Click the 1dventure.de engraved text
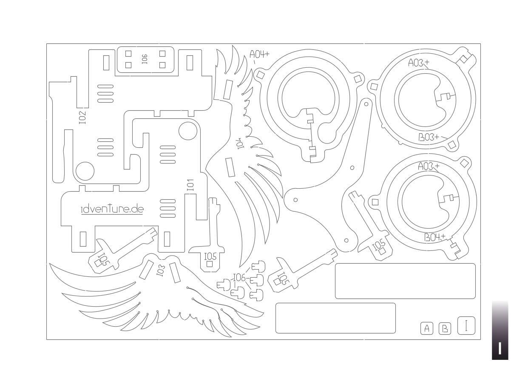pyautogui.click(x=112, y=209)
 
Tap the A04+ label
pyautogui.click(x=259, y=55)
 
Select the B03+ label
pyautogui.click(x=429, y=137)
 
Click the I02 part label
pyautogui.click(x=82, y=118)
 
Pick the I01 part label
pyautogui.click(x=190, y=184)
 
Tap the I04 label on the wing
pyautogui.click(x=241, y=143)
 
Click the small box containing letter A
pyautogui.click(x=427, y=328)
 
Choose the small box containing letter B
pyautogui.click(x=445, y=328)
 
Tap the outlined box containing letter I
pyautogui.click(x=466, y=326)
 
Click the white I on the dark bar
pyautogui.click(x=500, y=348)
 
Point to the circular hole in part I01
pyautogui.click(x=187, y=131)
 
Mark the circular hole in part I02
pyautogui.click(x=85, y=171)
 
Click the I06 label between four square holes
pyautogui.click(x=145, y=59)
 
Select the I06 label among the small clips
pyautogui.click(x=240, y=278)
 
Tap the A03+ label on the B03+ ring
pyautogui.click(x=418, y=63)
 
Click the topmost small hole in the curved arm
pyautogui.click(x=366, y=104)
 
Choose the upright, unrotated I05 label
pyautogui.click(x=210, y=256)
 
